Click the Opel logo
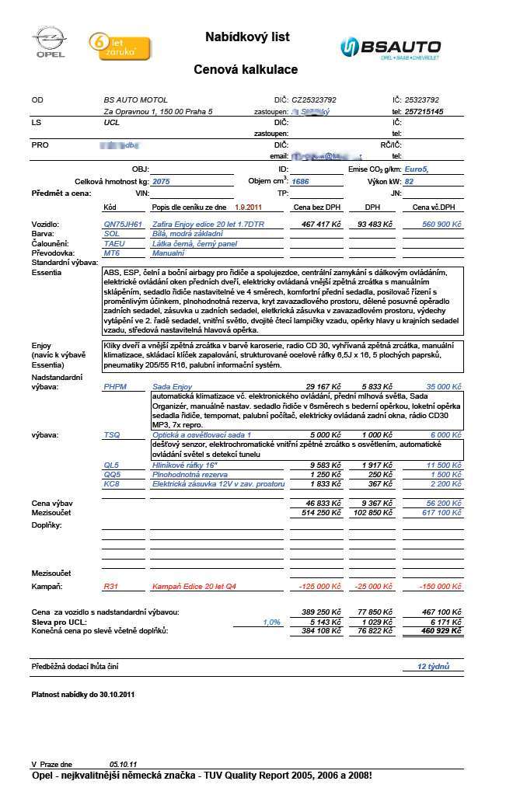(x=48, y=42)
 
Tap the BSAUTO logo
(x=389, y=47)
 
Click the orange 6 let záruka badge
(x=113, y=46)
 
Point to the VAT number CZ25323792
(x=314, y=100)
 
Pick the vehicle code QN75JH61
(x=123, y=224)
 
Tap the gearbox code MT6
(x=112, y=253)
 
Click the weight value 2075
(x=161, y=181)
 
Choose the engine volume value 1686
(x=300, y=181)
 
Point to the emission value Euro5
(x=421, y=169)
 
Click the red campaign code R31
(x=111, y=585)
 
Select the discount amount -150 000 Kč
(x=439, y=585)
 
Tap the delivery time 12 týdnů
(x=434, y=667)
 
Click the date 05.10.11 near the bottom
(x=123, y=765)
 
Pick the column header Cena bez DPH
(x=316, y=207)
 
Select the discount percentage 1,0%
(x=272, y=622)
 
